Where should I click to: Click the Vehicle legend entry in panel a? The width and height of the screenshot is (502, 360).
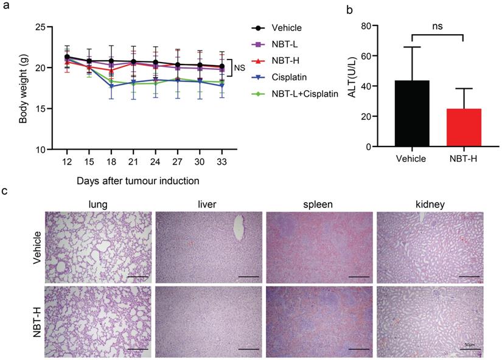(286, 28)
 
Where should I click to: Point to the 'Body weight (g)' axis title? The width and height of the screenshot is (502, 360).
(22, 88)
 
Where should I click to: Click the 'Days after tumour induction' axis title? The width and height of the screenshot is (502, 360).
(138, 181)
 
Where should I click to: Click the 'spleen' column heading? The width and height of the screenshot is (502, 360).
(319, 203)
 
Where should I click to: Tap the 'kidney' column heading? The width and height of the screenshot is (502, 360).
(429, 203)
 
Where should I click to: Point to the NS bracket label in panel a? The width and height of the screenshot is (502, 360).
(240, 68)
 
